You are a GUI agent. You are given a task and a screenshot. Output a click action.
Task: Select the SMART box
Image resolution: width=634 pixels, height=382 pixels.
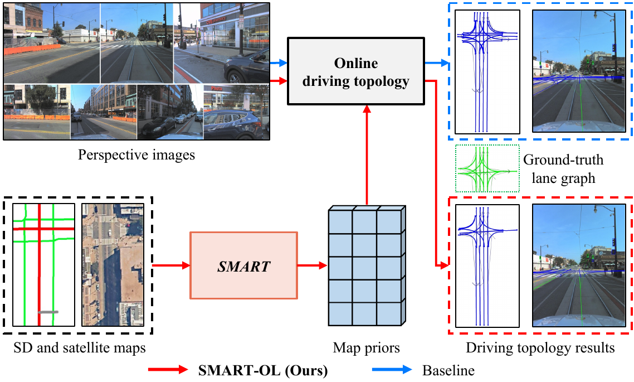tap(244, 265)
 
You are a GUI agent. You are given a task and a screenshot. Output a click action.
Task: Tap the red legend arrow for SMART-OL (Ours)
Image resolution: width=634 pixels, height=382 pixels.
tap(170, 369)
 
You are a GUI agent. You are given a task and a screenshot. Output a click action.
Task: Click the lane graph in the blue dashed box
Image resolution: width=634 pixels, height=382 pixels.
tap(487, 71)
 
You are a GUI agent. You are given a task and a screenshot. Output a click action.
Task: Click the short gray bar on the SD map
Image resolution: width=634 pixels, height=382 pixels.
tap(47, 312)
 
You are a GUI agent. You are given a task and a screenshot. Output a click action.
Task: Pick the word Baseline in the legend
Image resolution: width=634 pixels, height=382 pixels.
tap(448, 369)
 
